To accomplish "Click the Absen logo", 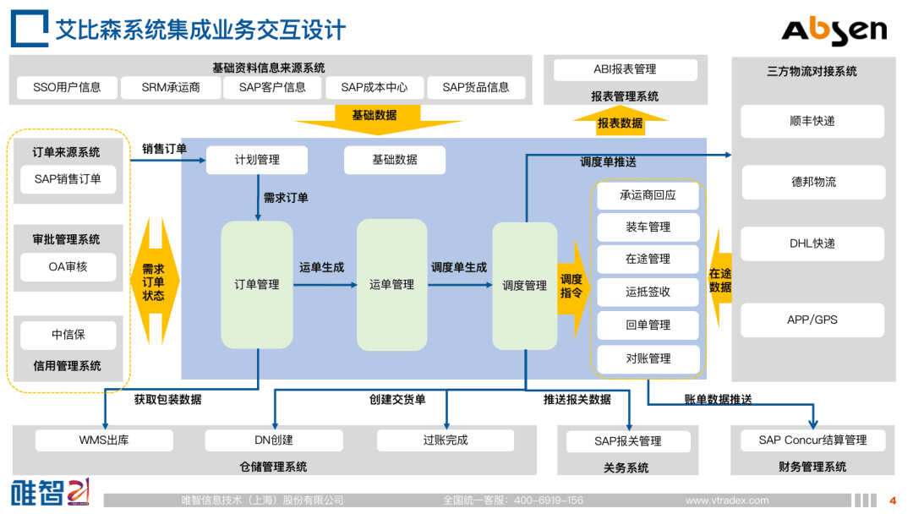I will click(x=834, y=30).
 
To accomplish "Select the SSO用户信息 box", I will click(x=67, y=87).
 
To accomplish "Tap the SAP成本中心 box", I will click(x=374, y=87).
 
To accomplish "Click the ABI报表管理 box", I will click(x=625, y=69).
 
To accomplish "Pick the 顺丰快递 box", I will click(x=812, y=121).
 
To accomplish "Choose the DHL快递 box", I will click(x=812, y=243).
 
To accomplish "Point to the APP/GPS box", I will click(x=812, y=320).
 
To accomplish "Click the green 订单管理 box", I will click(x=257, y=285).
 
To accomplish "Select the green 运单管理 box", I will click(x=391, y=285).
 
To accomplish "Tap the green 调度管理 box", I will click(x=525, y=285).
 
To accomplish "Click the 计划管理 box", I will click(x=257, y=159).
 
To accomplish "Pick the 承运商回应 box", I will click(x=648, y=195).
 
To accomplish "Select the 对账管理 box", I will click(x=648, y=358).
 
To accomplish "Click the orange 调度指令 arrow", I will click(x=572, y=286).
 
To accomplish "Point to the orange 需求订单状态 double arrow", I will click(x=154, y=282).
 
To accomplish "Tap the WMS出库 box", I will click(x=104, y=440).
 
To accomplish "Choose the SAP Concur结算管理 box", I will click(x=812, y=440).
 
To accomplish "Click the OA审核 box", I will click(x=68, y=267).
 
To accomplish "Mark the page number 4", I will click(x=893, y=500).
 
